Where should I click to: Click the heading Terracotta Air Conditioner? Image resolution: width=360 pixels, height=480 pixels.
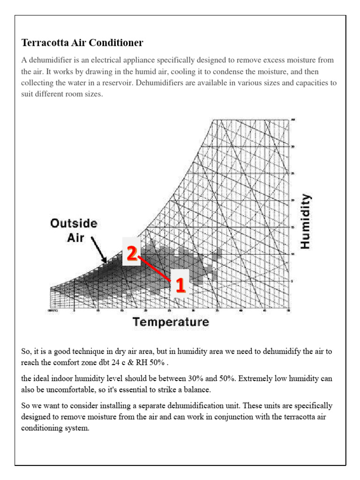82,43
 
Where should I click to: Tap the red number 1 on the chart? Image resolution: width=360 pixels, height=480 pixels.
180,285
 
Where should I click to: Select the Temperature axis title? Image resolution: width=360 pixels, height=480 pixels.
170,322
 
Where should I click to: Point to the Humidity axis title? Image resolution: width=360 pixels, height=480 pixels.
305,221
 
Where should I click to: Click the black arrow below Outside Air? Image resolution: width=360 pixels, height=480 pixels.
99,248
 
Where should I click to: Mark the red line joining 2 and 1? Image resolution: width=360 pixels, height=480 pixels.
155,269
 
